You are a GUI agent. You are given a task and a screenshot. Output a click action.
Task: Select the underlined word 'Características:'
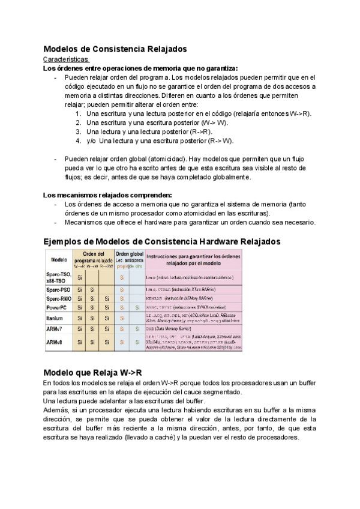[67, 59]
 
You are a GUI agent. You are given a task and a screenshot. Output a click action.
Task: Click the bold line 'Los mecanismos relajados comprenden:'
[108, 194]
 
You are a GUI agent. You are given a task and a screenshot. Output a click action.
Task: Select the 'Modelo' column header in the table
[59, 261]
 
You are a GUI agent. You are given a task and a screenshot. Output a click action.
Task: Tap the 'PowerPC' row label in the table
[58, 307]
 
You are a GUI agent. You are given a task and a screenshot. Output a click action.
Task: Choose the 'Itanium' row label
[57, 318]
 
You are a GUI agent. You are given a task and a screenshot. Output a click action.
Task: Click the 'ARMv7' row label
[57, 329]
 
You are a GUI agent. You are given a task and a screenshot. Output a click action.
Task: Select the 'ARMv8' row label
[57, 342]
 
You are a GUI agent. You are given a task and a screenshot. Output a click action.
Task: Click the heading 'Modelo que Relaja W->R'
[92, 372]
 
